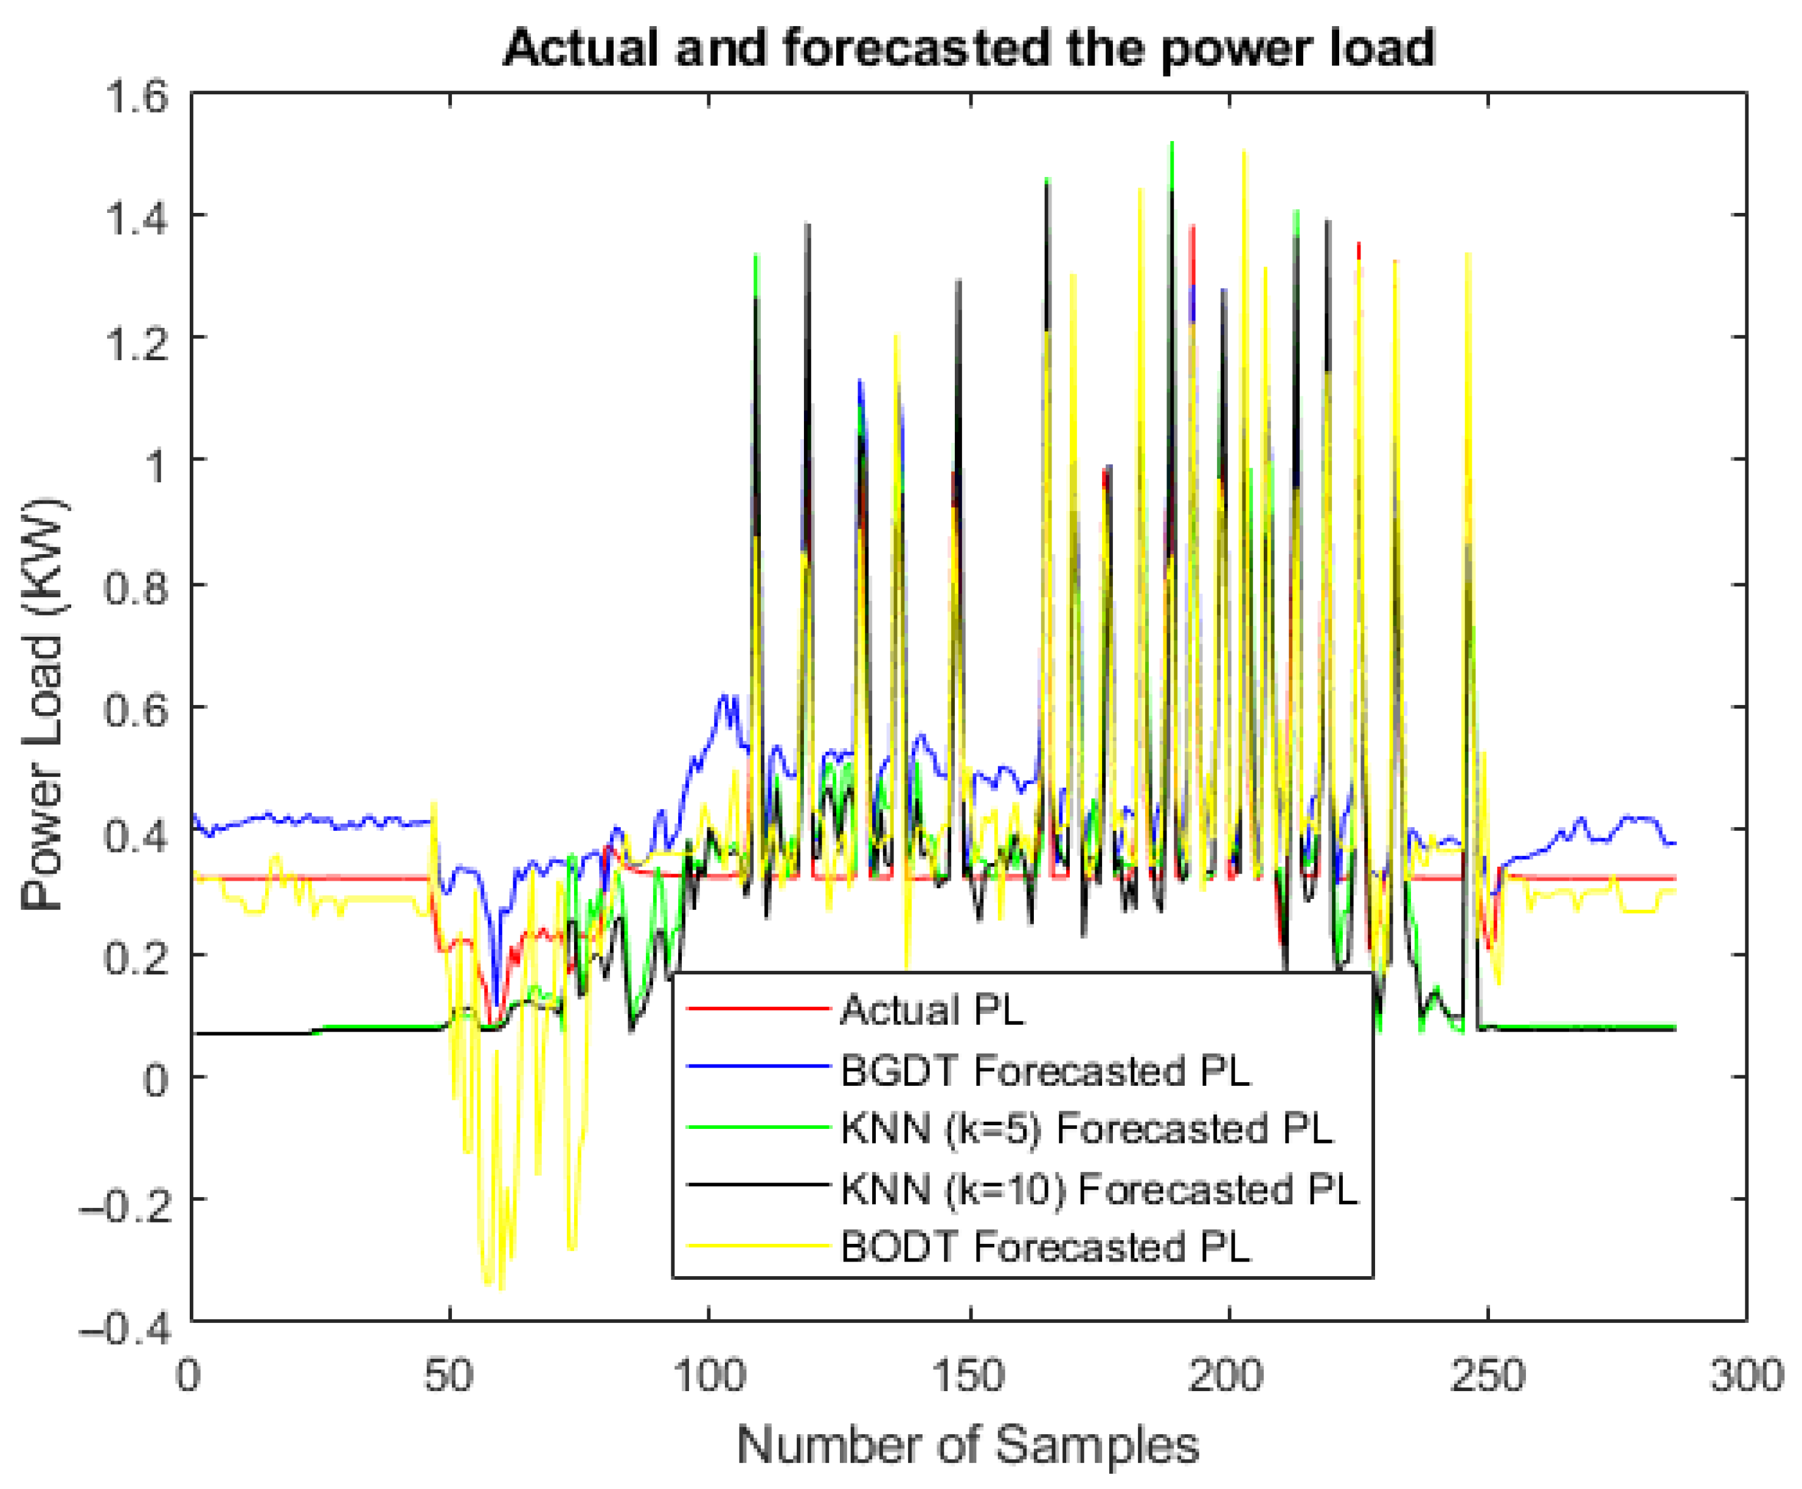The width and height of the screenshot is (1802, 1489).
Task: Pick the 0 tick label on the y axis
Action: pyautogui.click(x=155, y=1079)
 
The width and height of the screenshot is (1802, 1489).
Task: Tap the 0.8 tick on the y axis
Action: pyautogui.click(x=136, y=588)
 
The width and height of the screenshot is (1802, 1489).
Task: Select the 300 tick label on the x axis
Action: pyautogui.click(x=1746, y=1375)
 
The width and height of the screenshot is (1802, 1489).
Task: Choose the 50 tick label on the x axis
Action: pyautogui.click(x=448, y=1375)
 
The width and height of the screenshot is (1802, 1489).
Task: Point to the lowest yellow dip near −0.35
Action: pyautogui.click(x=500, y=1288)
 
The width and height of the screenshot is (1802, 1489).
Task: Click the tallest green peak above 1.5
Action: pyautogui.click(x=1171, y=143)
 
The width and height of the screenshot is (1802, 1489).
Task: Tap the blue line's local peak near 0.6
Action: pyautogui.click(x=725, y=696)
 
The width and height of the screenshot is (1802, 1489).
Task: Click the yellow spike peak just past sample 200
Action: pyautogui.click(x=1244, y=153)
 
